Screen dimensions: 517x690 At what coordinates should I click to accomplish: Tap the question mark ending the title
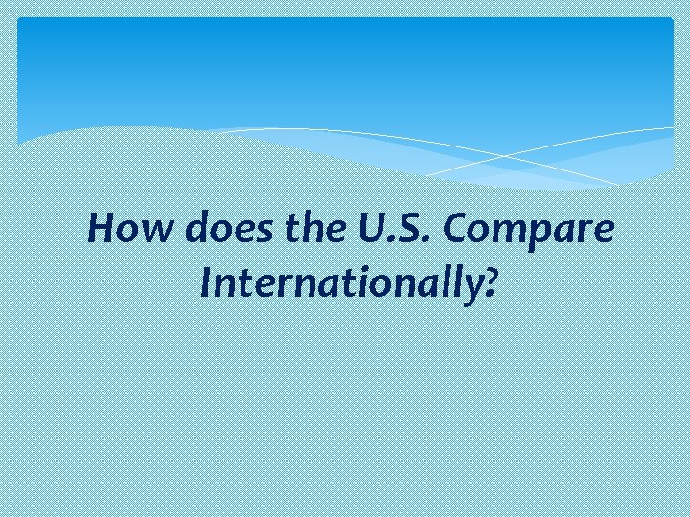(490, 282)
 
